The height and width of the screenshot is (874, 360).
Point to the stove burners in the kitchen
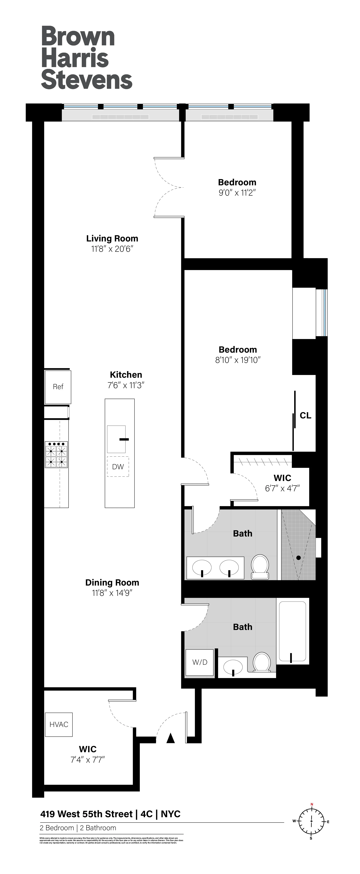click(56, 455)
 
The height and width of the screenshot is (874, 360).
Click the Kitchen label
click(126, 375)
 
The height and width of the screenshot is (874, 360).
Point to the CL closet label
click(305, 415)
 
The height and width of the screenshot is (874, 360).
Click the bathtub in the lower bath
click(292, 631)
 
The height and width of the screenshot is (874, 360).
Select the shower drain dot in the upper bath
click(299, 557)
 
